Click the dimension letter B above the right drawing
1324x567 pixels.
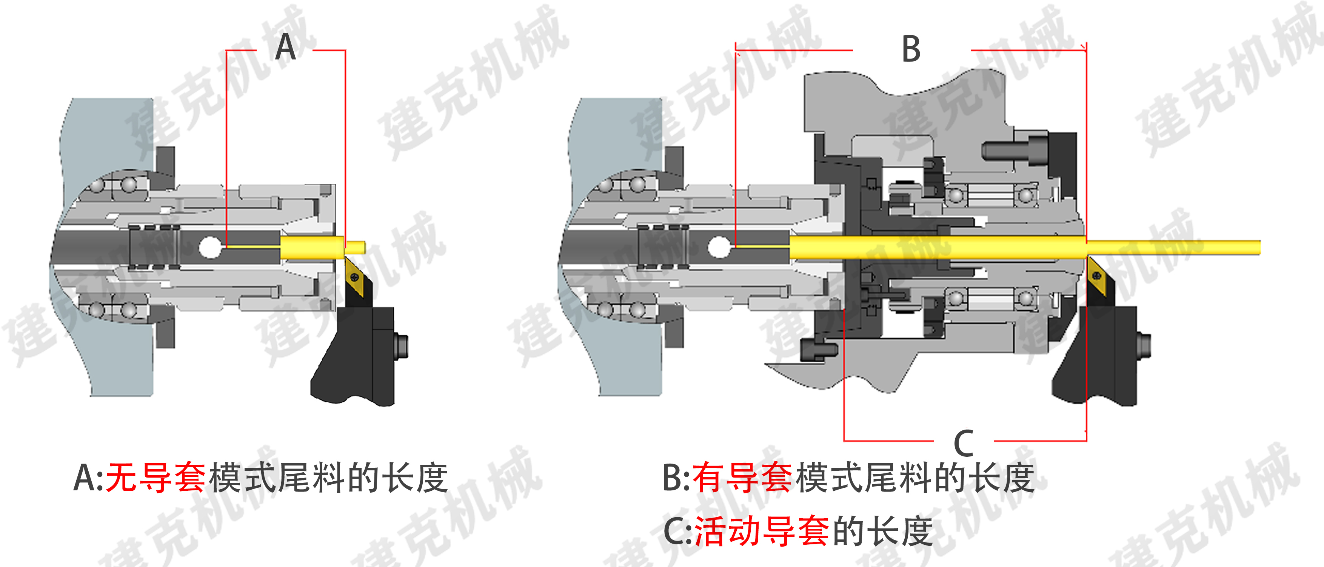pos(911,49)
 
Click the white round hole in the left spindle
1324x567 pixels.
pos(209,247)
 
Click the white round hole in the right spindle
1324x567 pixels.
pos(719,247)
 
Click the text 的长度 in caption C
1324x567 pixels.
pos(882,532)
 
